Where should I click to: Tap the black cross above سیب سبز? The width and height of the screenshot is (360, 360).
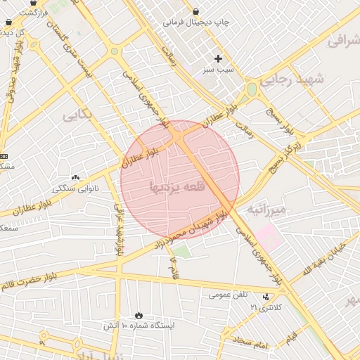[x=218, y=58]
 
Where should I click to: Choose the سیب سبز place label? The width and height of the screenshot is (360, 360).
[x=218, y=70]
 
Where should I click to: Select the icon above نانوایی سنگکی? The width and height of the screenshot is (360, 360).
[x=76, y=177]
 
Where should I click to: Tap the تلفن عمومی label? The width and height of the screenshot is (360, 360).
[x=228, y=295]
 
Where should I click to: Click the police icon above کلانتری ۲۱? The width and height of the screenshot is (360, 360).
[x=266, y=297]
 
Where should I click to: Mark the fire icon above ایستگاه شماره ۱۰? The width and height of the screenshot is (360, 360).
[x=139, y=315]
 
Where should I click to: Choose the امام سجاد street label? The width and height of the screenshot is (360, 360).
[x=253, y=343]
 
